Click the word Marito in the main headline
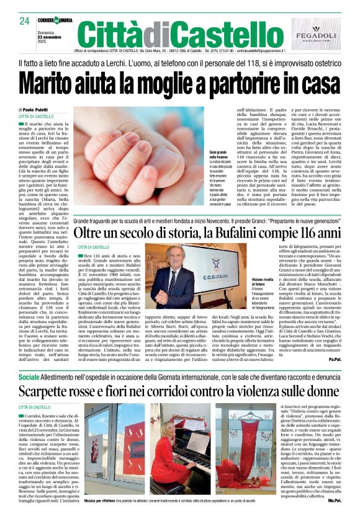(x=53, y=82)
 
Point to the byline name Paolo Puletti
(x=38, y=109)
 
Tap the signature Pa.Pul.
(x=335, y=358)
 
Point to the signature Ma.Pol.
(x=334, y=499)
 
